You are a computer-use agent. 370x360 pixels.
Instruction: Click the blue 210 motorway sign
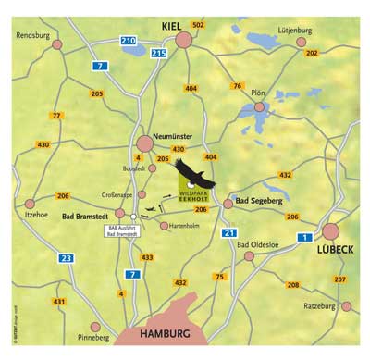pyautogui.click(x=129, y=41)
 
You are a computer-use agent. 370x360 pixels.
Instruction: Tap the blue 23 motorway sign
pyautogui.click(x=66, y=258)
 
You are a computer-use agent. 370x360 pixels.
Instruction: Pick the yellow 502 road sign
pyautogui.click(x=198, y=25)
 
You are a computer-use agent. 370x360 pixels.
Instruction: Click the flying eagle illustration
pyautogui.click(x=191, y=174)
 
